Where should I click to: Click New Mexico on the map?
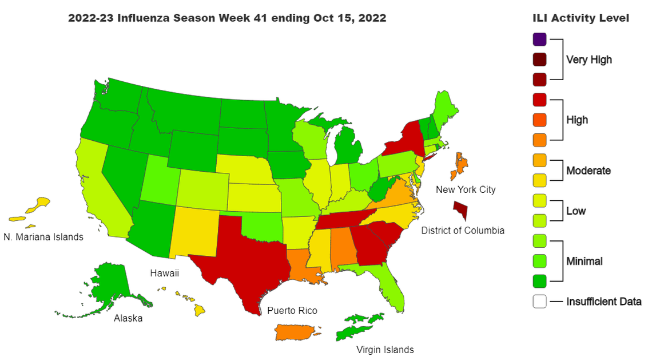(x=194, y=229)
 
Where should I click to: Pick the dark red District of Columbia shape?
(x=460, y=210)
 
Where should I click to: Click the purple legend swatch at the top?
(x=539, y=39)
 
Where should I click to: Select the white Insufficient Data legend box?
(x=539, y=301)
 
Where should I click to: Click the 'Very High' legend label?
(x=589, y=60)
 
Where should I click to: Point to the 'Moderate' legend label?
(x=588, y=171)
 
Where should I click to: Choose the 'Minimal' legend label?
(x=584, y=261)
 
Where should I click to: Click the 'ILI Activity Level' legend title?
(x=581, y=18)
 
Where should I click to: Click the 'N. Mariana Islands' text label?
(x=43, y=237)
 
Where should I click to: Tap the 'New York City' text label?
(x=465, y=189)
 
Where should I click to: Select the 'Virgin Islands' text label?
(x=385, y=350)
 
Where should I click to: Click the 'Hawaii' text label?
(x=164, y=274)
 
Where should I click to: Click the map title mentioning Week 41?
(x=227, y=18)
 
